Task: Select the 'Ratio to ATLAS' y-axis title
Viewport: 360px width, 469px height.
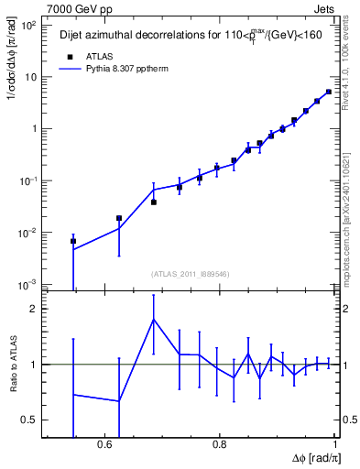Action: (x=13, y=365)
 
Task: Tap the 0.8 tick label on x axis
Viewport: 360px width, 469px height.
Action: (x=220, y=444)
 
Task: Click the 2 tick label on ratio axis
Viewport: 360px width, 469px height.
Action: (x=34, y=309)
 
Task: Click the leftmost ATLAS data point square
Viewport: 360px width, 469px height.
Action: (x=73, y=241)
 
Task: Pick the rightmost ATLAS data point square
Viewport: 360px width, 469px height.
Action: (x=329, y=92)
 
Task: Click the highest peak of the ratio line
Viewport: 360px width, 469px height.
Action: (x=154, y=319)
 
